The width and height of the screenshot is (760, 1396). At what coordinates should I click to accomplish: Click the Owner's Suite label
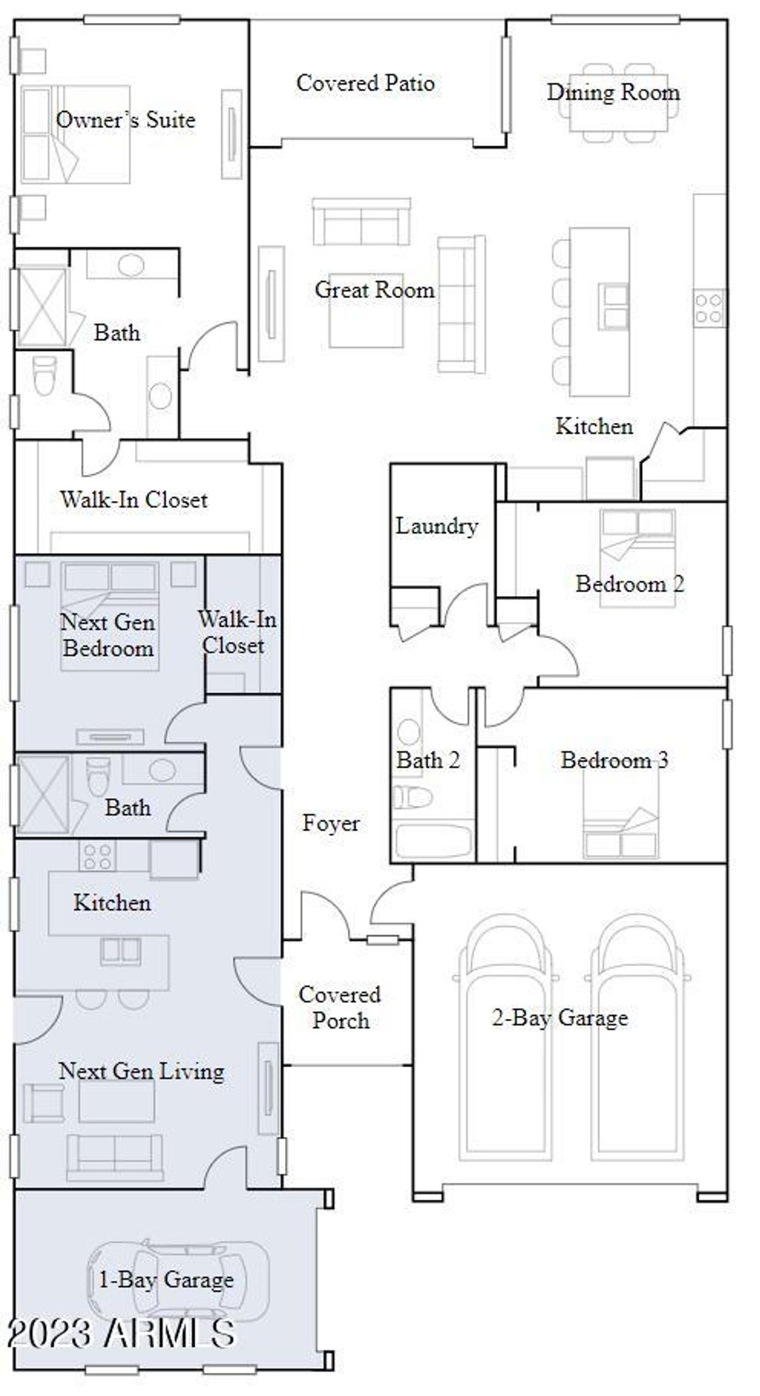point(125,119)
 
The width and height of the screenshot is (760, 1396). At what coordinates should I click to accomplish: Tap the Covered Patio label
point(365,82)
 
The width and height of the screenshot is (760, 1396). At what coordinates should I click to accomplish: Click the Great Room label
point(375,289)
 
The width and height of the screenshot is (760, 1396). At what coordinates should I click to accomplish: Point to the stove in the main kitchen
point(709,307)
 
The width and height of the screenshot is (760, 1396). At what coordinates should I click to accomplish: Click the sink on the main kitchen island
point(613,306)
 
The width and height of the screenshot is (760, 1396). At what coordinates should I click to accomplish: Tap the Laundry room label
point(436,526)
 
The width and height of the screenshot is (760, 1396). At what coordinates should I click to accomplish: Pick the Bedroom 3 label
point(615,760)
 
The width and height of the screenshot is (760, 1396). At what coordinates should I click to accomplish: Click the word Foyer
point(331,823)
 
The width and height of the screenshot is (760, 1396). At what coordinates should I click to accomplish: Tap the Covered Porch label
point(340,1007)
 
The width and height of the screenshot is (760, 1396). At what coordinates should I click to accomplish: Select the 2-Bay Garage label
point(560,1017)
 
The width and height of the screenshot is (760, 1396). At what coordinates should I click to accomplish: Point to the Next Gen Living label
point(141,1071)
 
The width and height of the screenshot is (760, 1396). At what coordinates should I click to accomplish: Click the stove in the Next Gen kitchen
point(97,856)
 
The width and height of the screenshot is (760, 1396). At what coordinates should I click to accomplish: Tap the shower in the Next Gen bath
point(42,793)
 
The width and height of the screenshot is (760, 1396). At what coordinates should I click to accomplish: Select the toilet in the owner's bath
point(45,376)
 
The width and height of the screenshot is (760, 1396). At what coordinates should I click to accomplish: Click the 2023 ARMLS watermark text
point(121,1334)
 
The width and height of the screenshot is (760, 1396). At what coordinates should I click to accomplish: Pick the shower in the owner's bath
point(42,307)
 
